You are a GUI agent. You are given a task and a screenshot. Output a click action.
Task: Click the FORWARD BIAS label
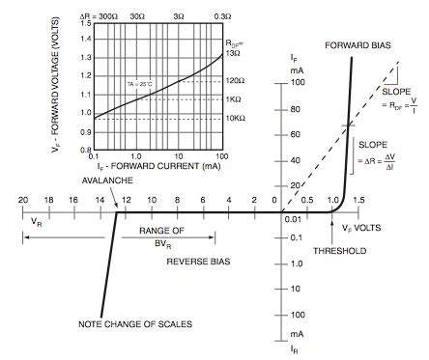(357, 45)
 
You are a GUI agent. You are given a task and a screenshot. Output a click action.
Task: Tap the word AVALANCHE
(108, 181)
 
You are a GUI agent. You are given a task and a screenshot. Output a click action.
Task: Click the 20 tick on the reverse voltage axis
(22, 201)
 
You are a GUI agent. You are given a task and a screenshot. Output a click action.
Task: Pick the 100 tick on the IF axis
(300, 83)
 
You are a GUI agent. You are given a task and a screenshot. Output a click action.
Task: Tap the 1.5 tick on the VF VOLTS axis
(359, 201)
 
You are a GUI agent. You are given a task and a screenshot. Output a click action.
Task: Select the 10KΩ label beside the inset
(239, 118)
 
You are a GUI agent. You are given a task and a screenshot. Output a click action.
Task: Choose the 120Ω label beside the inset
(238, 80)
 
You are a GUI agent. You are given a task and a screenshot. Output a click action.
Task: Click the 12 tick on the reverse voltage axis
(125, 201)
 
